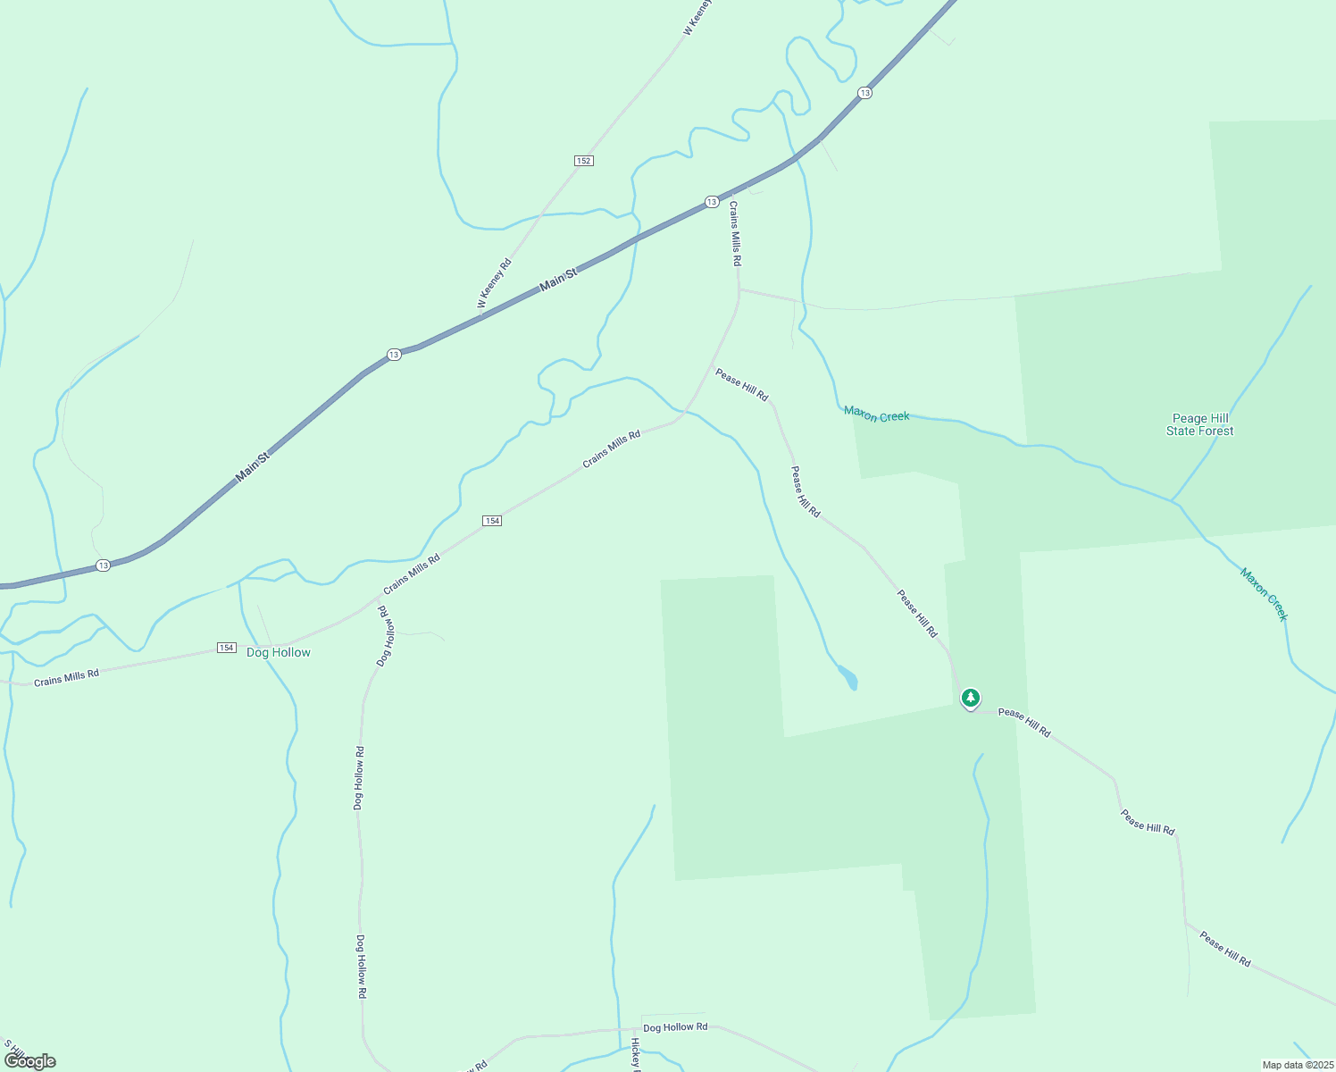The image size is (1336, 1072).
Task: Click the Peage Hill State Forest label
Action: click(x=1200, y=424)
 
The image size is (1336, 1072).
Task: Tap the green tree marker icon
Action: click(x=971, y=698)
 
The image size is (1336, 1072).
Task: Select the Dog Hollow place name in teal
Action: click(x=279, y=653)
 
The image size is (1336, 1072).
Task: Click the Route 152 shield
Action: click(x=583, y=161)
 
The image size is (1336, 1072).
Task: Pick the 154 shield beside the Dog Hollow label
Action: click(x=227, y=648)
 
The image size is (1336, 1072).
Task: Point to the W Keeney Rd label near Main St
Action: click(x=495, y=283)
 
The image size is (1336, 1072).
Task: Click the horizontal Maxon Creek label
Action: click(x=876, y=415)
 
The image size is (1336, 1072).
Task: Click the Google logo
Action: click(x=30, y=1061)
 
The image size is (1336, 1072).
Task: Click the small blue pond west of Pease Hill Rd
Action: click(x=848, y=678)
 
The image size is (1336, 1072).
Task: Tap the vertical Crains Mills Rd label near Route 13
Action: click(x=735, y=233)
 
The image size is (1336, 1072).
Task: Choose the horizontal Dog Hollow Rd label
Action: click(x=675, y=1027)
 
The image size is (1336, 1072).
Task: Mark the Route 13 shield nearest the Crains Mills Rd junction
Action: click(x=712, y=202)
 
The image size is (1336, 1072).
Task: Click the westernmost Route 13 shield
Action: click(x=104, y=565)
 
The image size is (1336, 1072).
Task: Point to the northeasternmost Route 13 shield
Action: click(x=864, y=93)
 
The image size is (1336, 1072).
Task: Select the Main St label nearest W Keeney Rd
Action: click(x=559, y=281)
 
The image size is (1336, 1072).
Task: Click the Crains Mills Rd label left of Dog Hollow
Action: click(x=66, y=677)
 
